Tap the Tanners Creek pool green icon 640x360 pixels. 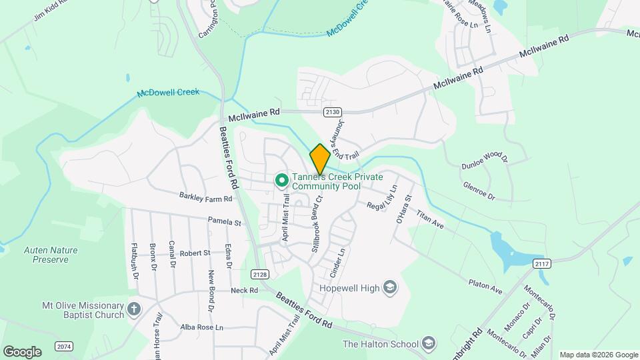281,180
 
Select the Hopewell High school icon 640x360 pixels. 390,288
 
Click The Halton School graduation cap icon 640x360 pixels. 429,344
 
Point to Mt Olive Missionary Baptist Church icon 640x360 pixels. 134,309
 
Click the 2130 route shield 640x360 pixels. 333,111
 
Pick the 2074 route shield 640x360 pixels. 65,347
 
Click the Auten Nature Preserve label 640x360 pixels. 51,255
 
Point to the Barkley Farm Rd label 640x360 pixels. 205,197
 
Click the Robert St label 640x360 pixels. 195,253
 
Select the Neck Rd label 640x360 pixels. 244,291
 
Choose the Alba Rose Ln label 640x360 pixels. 201,327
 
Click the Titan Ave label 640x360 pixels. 430,221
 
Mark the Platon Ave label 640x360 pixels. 485,287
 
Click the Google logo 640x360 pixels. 22,351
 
